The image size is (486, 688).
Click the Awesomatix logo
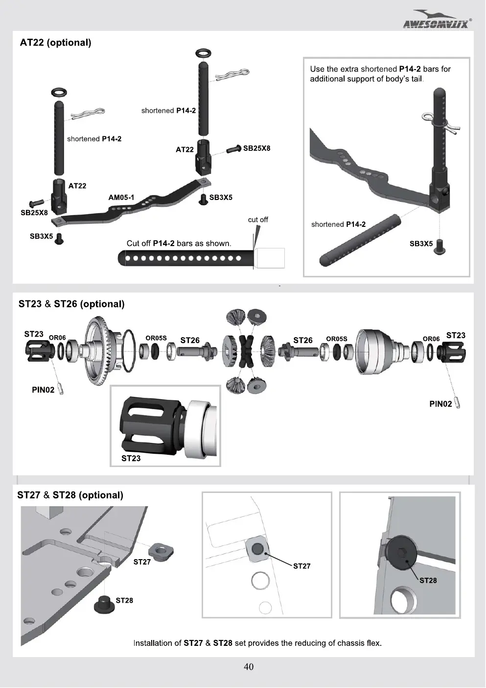(437, 19)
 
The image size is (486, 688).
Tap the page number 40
(249, 666)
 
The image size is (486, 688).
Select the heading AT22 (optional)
(55, 42)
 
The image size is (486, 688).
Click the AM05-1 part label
(121, 197)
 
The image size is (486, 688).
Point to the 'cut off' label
(258, 220)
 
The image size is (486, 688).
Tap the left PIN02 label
(43, 390)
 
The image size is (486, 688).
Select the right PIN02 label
(440, 404)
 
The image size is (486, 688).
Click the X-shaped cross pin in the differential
(247, 351)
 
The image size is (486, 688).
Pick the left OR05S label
(156, 338)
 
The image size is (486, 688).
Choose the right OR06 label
(431, 339)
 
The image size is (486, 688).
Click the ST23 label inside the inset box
(131, 458)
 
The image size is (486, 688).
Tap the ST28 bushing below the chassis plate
(104, 605)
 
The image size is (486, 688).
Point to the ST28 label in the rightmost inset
(428, 581)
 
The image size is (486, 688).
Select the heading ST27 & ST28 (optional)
(70, 495)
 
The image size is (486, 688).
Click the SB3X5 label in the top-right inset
(421, 244)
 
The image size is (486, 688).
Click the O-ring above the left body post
(59, 92)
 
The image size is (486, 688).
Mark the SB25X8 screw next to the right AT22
(234, 149)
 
